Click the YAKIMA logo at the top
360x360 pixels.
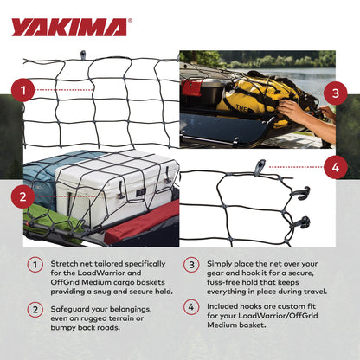click(68, 27)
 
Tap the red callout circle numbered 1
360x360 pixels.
click(26, 89)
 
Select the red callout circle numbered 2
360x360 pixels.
click(26, 197)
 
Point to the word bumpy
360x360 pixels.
click(64, 327)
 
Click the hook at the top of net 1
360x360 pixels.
click(83, 56)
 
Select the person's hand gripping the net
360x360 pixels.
click(299, 111)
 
